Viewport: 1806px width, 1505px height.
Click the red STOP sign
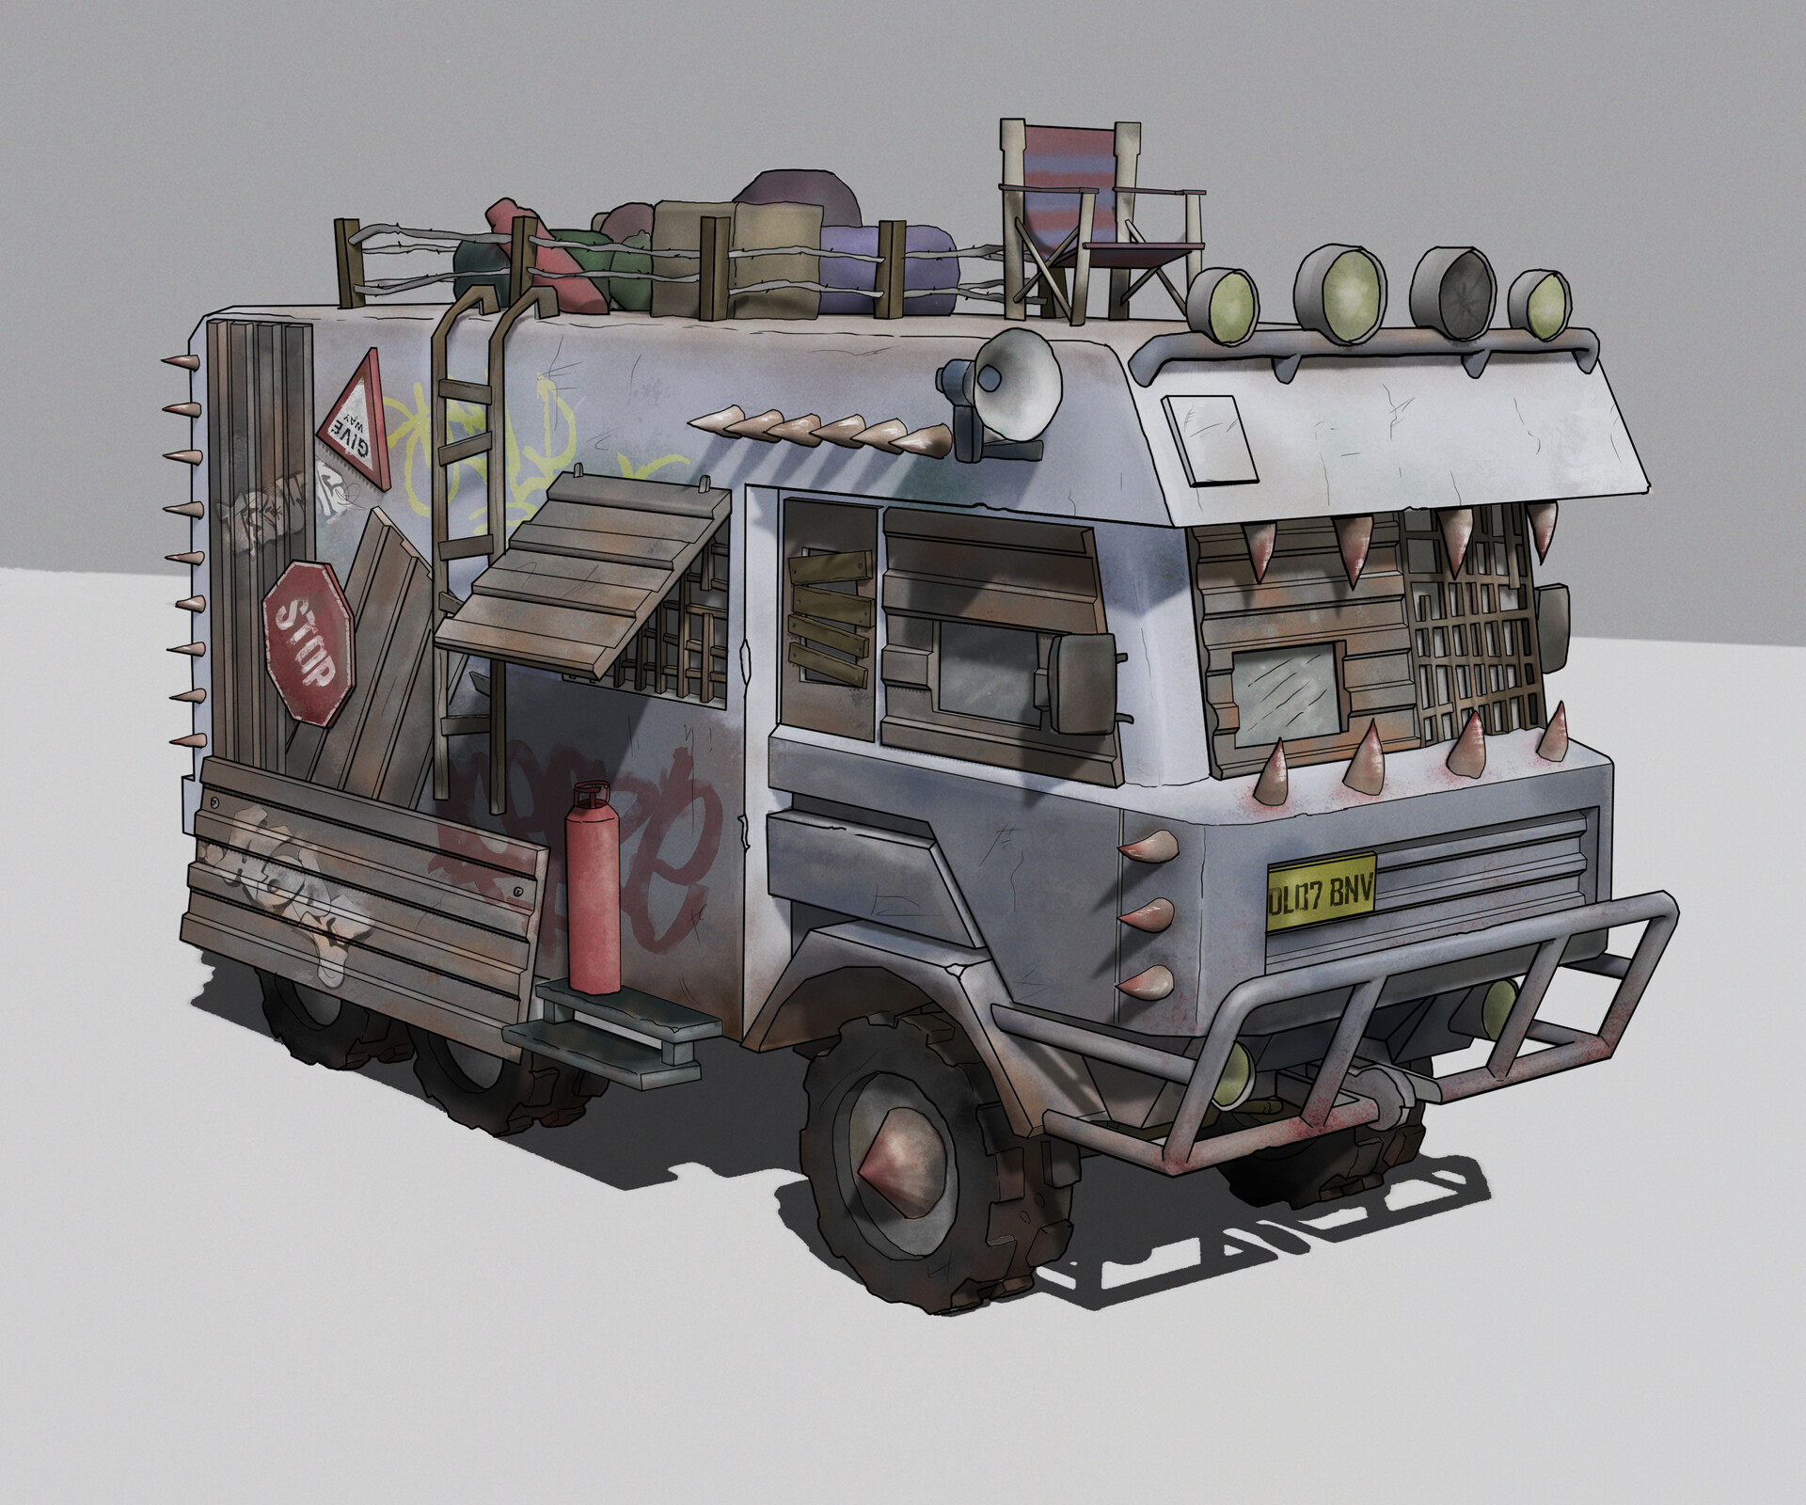coord(309,642)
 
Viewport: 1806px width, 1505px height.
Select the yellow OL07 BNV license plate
coord(1322,891)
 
